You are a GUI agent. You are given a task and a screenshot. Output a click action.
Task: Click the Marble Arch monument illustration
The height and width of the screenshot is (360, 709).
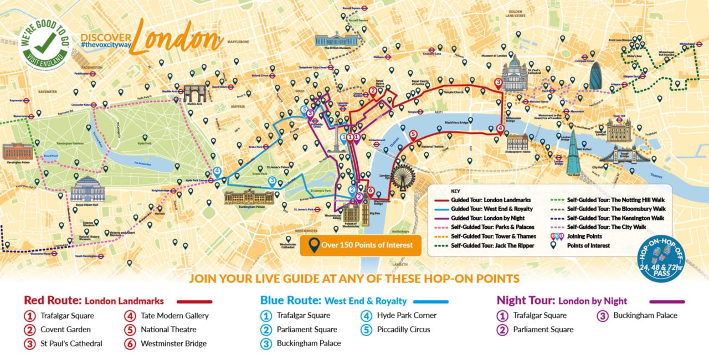[194, 93]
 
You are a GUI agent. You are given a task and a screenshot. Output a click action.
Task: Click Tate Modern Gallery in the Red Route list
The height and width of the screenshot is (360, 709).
[174, 316]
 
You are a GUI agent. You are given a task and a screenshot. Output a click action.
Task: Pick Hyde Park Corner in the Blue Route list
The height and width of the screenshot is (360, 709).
[407, 315]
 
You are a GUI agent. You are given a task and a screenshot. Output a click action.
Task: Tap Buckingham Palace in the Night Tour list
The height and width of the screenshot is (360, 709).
[645, 315]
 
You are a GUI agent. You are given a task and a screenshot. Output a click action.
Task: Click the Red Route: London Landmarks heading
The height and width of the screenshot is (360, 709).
[94, 301]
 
